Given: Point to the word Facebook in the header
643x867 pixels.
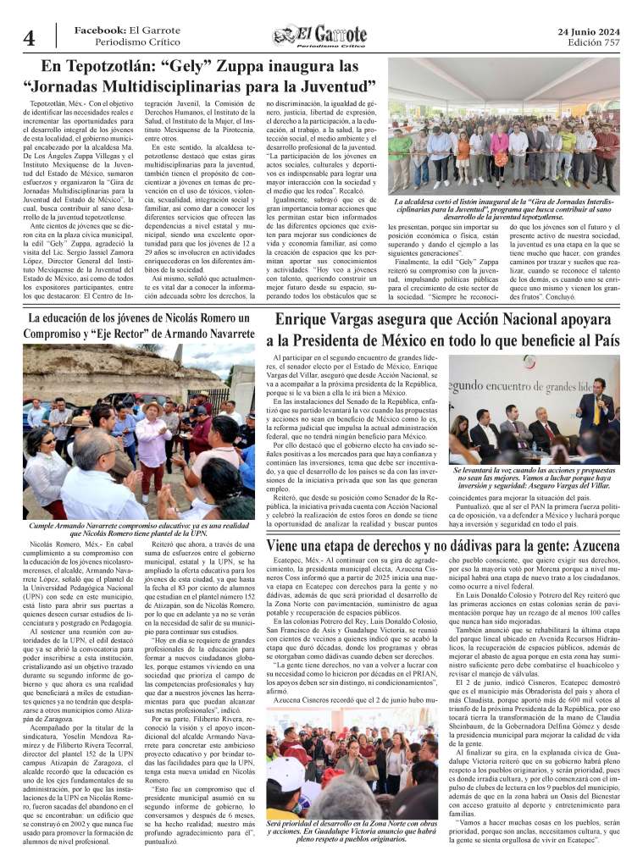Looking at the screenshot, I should [x=100, y=30].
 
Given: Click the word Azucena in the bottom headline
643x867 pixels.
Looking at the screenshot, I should [x=583, y=546].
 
